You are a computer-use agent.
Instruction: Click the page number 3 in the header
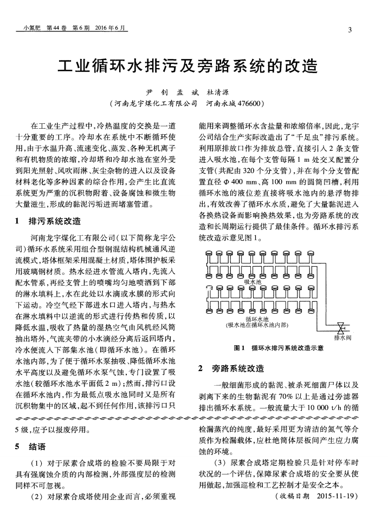click(350, 29)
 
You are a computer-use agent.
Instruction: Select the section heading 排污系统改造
click(54, 221)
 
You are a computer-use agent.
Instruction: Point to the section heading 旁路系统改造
click(237, 369)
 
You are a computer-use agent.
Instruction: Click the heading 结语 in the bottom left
click(37, 447)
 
